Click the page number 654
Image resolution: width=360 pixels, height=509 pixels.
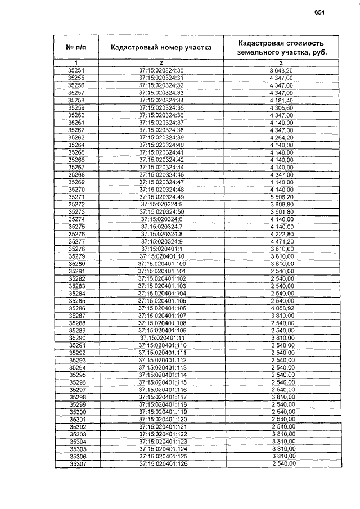point(319,12)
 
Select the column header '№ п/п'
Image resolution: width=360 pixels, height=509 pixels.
point(76,47)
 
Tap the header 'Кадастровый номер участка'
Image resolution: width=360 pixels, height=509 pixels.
point(161,48)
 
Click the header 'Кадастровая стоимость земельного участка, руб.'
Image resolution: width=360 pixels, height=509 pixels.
point(281,47)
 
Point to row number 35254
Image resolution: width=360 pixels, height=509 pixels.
point(76,70)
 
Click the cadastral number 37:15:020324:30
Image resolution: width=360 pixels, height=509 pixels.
point(161,70)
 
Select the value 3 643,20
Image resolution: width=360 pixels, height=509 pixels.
point(281,70)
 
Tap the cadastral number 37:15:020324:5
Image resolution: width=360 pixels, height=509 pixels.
point(161,204)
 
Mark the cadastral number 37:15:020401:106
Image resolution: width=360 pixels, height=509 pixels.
point(161,308)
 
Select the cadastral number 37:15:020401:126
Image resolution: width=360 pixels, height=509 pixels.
point(161,464)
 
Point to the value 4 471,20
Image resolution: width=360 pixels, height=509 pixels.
point(282,241)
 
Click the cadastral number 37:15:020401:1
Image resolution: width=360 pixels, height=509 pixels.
point(161,249)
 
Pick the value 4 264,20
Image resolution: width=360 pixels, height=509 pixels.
point(281,137)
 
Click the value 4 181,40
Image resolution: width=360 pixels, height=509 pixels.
point(281,100)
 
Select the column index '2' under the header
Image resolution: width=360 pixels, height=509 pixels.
point(161,62)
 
